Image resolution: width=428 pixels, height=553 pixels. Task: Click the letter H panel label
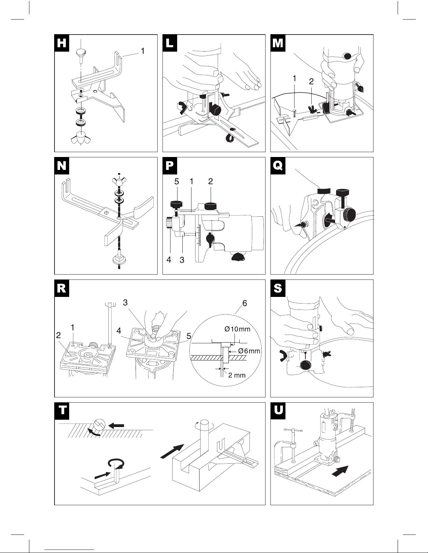click(62, 43)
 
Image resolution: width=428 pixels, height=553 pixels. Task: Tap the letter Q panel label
click(278, 166)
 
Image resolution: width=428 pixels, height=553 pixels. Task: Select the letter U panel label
click(278, 410)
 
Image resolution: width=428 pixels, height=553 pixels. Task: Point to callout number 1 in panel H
click(143, 51)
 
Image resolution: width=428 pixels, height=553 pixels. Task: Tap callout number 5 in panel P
click(176, 181)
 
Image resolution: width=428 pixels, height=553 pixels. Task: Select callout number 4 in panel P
click(169, 260)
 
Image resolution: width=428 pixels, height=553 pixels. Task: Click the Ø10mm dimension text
click(237, 329)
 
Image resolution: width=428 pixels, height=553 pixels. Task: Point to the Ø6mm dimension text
click(249, 351)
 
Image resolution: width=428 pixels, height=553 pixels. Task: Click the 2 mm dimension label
click(237, 375)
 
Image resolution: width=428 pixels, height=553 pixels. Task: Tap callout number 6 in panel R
click(245, 303)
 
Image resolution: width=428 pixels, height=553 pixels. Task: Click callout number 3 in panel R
click(125, 302)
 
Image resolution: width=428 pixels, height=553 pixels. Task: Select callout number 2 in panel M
click(311, 81)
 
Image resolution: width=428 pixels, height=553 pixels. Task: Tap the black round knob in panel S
click(305, 366)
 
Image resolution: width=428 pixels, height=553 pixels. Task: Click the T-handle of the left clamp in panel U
click(293, 430)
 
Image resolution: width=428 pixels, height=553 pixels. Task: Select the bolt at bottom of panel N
click(119, 259)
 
